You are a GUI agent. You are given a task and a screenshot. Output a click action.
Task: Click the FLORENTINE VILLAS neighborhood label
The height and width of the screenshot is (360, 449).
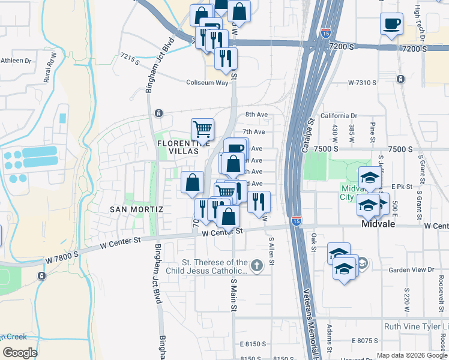[184, 147]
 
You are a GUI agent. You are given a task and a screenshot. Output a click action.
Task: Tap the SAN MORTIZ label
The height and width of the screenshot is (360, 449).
[137, 209]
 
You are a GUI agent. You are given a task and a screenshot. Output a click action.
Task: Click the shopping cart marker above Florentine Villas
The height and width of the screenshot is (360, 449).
[203, 128]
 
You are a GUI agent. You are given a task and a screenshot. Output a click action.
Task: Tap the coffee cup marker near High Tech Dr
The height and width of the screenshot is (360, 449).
[392, 25]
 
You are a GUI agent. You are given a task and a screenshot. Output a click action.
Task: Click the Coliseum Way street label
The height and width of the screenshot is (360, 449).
[207, 83]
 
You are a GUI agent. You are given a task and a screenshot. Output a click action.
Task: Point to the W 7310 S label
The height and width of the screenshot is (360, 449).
[362, 82]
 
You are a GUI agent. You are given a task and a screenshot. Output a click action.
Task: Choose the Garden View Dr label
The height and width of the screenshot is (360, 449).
[412, 270]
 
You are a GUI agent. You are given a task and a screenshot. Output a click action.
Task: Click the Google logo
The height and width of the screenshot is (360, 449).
[20, 352]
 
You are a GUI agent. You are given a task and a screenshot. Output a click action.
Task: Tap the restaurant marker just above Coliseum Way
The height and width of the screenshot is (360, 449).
[226, 59]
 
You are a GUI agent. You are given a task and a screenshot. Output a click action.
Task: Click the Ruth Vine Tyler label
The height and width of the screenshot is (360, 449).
[415, 327]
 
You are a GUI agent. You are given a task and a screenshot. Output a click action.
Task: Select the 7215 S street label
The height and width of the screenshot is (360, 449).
[130, 57]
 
